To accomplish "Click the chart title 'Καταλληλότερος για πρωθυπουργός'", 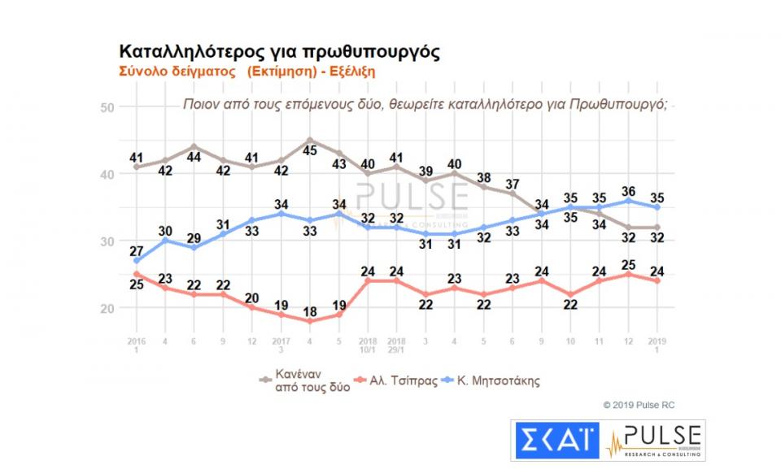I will tap(280, 52).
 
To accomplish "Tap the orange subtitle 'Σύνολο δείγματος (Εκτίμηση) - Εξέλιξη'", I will tap(247, 71).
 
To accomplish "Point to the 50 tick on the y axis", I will tap(107, 106).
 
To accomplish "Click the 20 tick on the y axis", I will tap(107, 308).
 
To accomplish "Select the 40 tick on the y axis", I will tap(107, 174).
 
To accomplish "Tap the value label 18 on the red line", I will tap(310, 333).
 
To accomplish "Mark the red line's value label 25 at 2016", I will tap(136, 285).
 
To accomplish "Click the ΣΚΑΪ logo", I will tap(555, 441).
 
